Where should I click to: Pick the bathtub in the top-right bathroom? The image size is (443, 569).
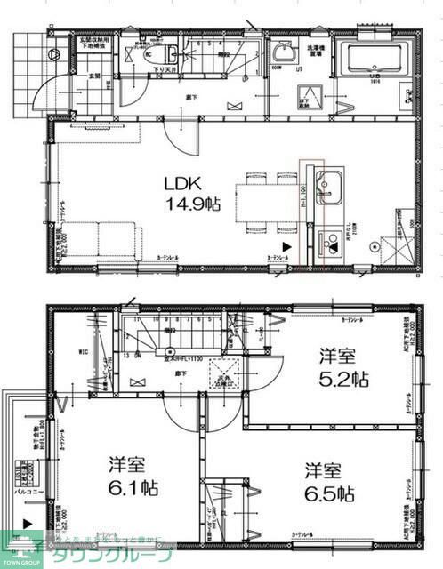[x=375, y=59]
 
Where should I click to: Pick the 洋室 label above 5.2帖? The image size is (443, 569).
[x=337, y=357]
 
